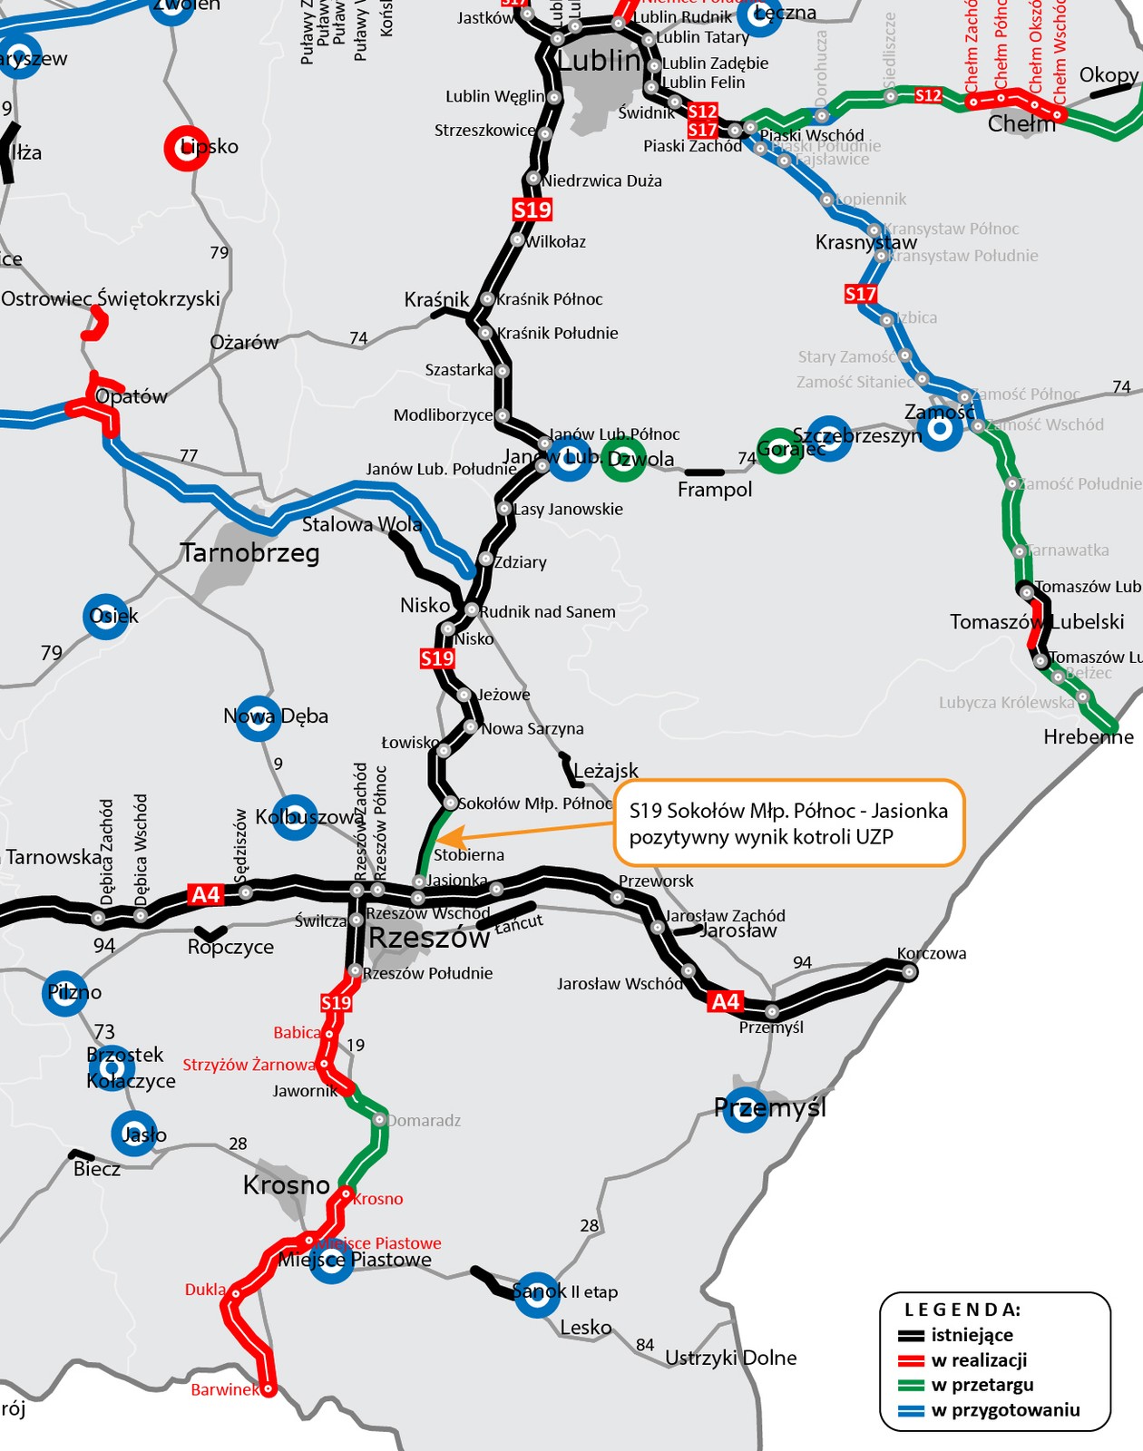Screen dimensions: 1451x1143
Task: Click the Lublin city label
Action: click(600, 61)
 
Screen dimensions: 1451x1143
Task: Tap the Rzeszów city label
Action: click(429, 939)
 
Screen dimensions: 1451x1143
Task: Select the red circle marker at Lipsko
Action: click(187, 147)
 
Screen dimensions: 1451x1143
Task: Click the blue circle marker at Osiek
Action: click(106, 617)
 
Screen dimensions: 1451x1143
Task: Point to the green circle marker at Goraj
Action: click(779, 450)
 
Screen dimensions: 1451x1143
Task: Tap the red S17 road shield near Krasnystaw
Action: click(860, 294)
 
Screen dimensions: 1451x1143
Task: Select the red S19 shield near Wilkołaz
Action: click(532, 210)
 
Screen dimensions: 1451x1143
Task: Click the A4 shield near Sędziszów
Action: click(206, 895)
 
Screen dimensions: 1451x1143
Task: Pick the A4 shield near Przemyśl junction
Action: click(726, 1001)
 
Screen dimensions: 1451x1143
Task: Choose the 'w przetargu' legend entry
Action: click(982, 1385)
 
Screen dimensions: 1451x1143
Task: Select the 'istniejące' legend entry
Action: click(972, 1335)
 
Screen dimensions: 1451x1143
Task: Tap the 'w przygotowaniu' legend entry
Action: click(1005, 1410)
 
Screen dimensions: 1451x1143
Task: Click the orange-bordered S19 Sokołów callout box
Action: click(788, 823)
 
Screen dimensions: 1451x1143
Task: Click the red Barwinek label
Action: click(224, 1389)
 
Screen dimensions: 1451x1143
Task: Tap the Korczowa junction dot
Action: click(909, 972)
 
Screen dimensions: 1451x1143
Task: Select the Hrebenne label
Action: click(1088, 737)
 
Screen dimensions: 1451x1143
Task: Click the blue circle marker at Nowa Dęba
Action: click(258, 717)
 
